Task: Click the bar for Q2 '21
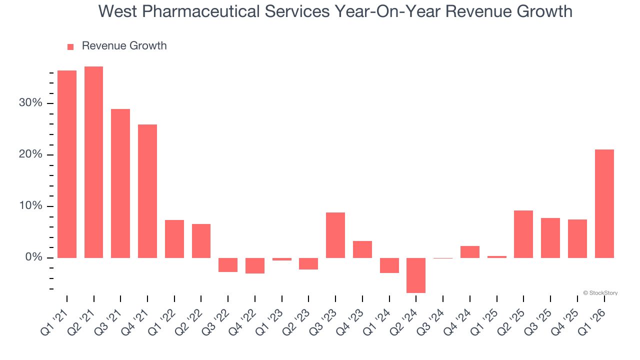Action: tap(93, 162)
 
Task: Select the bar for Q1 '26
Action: tap(604, 203)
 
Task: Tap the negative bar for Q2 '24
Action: tap(416, 275)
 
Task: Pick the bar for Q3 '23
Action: tap(335, 235)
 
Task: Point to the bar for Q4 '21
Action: tap(147, 191)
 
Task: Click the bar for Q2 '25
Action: tap(523, 234)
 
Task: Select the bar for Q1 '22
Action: tap(174, 238)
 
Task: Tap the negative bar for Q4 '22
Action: tap(255, 265)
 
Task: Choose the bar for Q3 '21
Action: tap(120, 183)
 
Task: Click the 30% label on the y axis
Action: tap(31, 103)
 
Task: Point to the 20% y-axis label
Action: tap(31, 154)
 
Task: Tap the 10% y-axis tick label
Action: tap(31, 206)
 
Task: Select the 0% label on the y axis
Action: tap(34, 257)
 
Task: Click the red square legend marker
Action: tap(70, 46)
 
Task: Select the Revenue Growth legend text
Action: tap(124, 46)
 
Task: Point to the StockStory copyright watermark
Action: tap(600, 293)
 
